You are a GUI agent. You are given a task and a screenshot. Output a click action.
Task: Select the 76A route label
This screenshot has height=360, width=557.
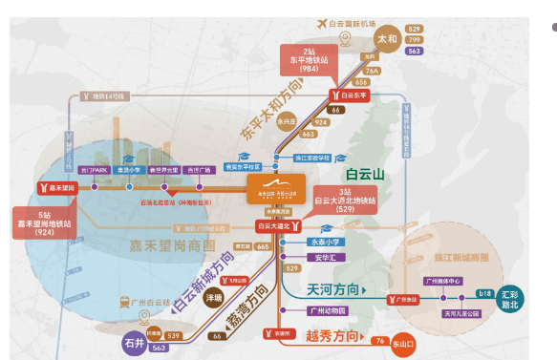[372, 71]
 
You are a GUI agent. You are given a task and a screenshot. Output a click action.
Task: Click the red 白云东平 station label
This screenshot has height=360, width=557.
[353, 95]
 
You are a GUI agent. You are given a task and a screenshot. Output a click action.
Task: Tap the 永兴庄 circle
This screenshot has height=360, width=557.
[288, 121]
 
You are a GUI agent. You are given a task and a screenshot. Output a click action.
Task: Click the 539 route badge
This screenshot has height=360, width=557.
[174, 336]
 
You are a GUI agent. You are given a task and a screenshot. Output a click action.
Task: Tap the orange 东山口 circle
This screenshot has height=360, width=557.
[404, 339]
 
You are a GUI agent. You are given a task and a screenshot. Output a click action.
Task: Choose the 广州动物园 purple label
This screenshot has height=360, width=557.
[325, 311]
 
